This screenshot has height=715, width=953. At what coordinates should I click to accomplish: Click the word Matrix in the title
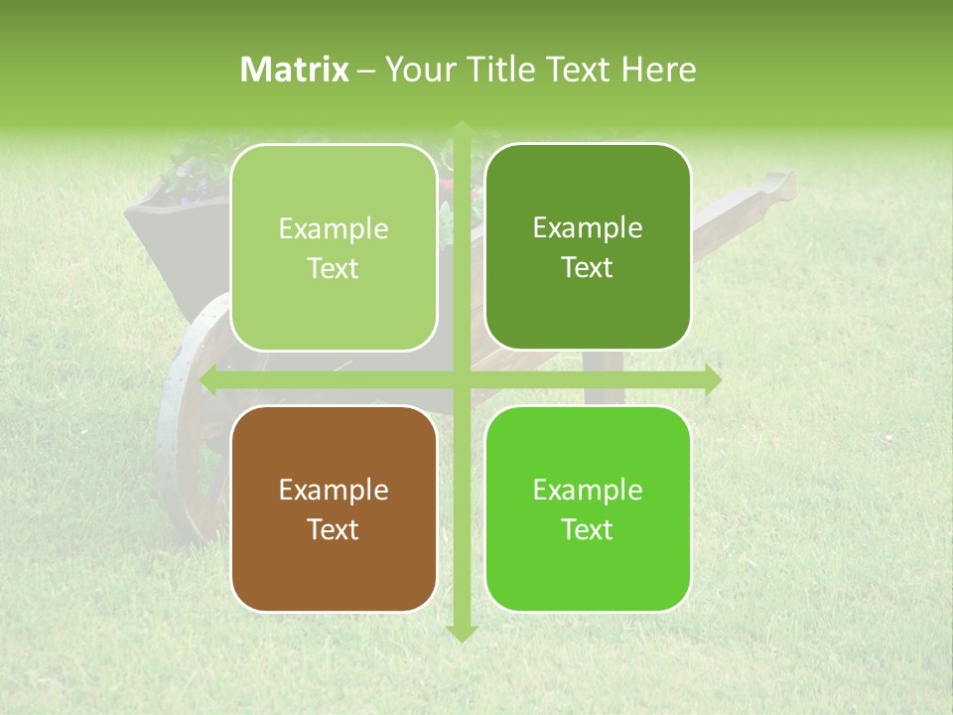tap(295, 70)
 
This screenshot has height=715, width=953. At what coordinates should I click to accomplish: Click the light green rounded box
tap(334, 248)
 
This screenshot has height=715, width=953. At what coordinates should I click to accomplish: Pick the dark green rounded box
tap(588, 247)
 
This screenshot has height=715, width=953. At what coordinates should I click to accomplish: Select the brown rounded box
tap(334, 508)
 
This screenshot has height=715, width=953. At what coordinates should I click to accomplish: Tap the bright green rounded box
tap(588, 508)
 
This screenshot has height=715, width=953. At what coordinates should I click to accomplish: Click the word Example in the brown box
tap(334, 490)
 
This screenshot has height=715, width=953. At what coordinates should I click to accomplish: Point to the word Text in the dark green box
tap(588, 267)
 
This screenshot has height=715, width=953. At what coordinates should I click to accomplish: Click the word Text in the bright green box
tap(588, 529)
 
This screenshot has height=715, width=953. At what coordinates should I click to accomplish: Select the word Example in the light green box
tap(334, 228)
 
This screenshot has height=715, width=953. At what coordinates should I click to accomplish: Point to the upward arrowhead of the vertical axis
tap(461, 129)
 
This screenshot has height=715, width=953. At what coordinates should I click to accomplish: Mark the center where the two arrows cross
tap(461, 380)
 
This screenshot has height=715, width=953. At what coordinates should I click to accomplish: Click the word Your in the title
tap(417, 70)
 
